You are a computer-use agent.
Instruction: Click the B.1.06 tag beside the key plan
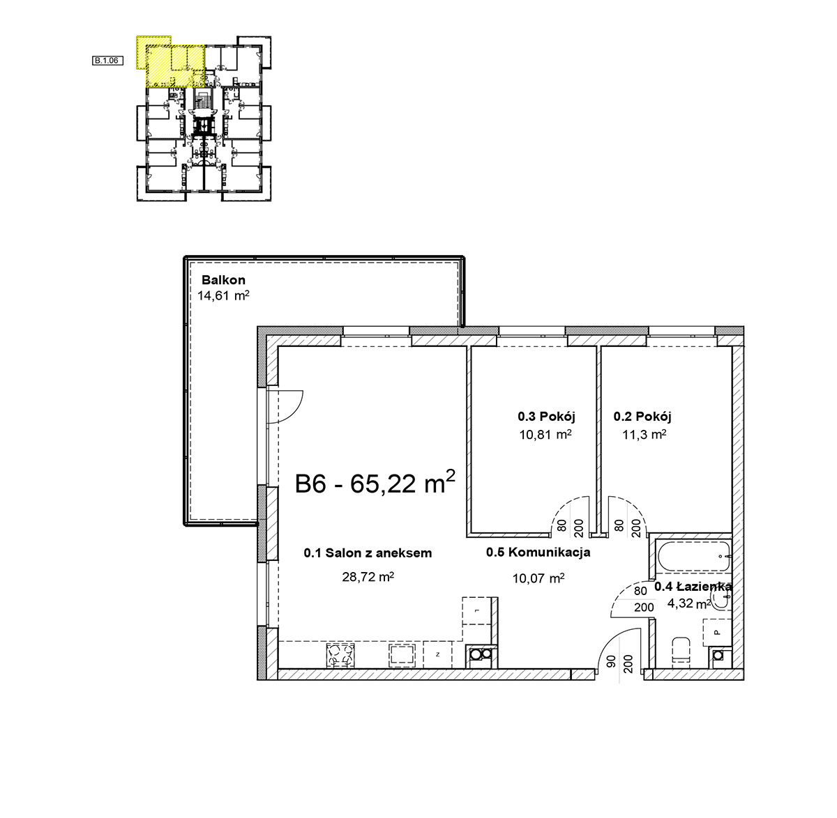[x=107, y=61]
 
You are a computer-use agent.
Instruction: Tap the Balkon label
[x=223, y=280]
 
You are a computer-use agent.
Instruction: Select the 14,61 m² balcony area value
[x=223, y=295]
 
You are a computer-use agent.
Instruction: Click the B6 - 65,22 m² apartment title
[x=375, y=482]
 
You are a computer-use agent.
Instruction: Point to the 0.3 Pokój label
[x=546, y=416]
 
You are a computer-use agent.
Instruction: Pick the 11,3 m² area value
[x=644, y=434]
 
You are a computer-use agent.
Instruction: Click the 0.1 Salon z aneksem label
[x=368, y=553]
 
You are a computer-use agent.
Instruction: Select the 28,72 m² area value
[x=368, y=576]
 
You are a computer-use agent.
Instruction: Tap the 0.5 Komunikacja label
[x=538, y=552]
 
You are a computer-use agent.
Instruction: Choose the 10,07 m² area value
[x=538, y=578]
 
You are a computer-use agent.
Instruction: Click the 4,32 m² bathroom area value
[x=688, y=603]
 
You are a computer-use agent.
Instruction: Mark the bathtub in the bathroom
[x=694, y=556]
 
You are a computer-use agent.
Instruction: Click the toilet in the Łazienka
[x=681, y=653]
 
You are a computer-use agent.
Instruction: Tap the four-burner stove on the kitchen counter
[x=340, y=655]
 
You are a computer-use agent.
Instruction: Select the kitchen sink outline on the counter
[x=402, y=655]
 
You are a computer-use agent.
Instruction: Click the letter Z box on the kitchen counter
[x=437, y=654]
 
